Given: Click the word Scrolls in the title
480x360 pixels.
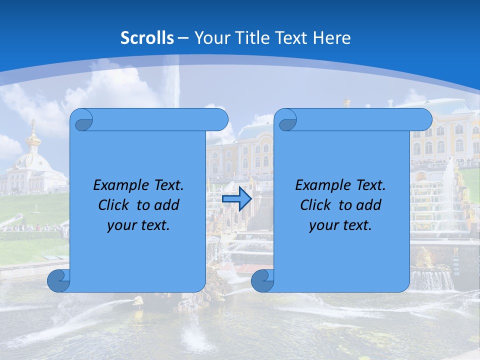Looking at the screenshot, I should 147,38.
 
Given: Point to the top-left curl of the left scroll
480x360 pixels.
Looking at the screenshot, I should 81,120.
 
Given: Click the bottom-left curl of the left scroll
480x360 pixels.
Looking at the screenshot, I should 57,280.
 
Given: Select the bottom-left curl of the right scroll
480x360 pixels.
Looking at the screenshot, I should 262,280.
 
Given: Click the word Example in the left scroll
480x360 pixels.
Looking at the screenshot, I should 118,185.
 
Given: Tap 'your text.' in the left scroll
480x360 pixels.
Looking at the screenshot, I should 138,225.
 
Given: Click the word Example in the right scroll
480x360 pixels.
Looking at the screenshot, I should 320,185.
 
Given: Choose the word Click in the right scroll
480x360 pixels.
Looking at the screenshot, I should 315,205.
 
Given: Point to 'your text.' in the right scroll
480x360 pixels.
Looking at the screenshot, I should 340,225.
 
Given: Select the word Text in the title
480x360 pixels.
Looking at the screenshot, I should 289,38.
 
